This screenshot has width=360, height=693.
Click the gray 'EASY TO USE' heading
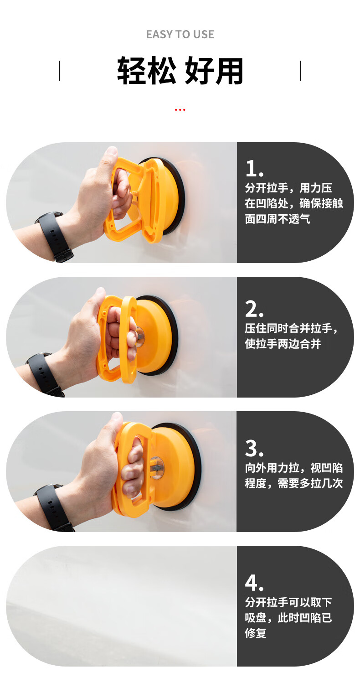[180, 34]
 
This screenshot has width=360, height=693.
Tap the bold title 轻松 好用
[180, 71]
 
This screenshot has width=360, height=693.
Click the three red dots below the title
[180, 110]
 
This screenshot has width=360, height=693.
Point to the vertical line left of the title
[59, 71]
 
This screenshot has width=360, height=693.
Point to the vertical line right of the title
[301, 71]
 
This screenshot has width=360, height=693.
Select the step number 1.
[254, 169]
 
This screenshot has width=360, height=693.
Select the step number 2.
[254, 310]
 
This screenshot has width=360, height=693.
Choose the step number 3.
[254, 449]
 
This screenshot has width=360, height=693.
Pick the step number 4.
[254, 583]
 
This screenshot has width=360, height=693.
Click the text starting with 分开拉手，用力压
[293, 203]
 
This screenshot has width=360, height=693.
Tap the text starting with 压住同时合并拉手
[293, 336]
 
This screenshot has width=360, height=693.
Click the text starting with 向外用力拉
[293, 476]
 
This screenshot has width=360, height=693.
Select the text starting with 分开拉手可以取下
[288, 617]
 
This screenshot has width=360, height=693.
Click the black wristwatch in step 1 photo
[55, 236]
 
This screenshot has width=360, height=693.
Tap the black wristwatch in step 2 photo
[44, 374]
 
